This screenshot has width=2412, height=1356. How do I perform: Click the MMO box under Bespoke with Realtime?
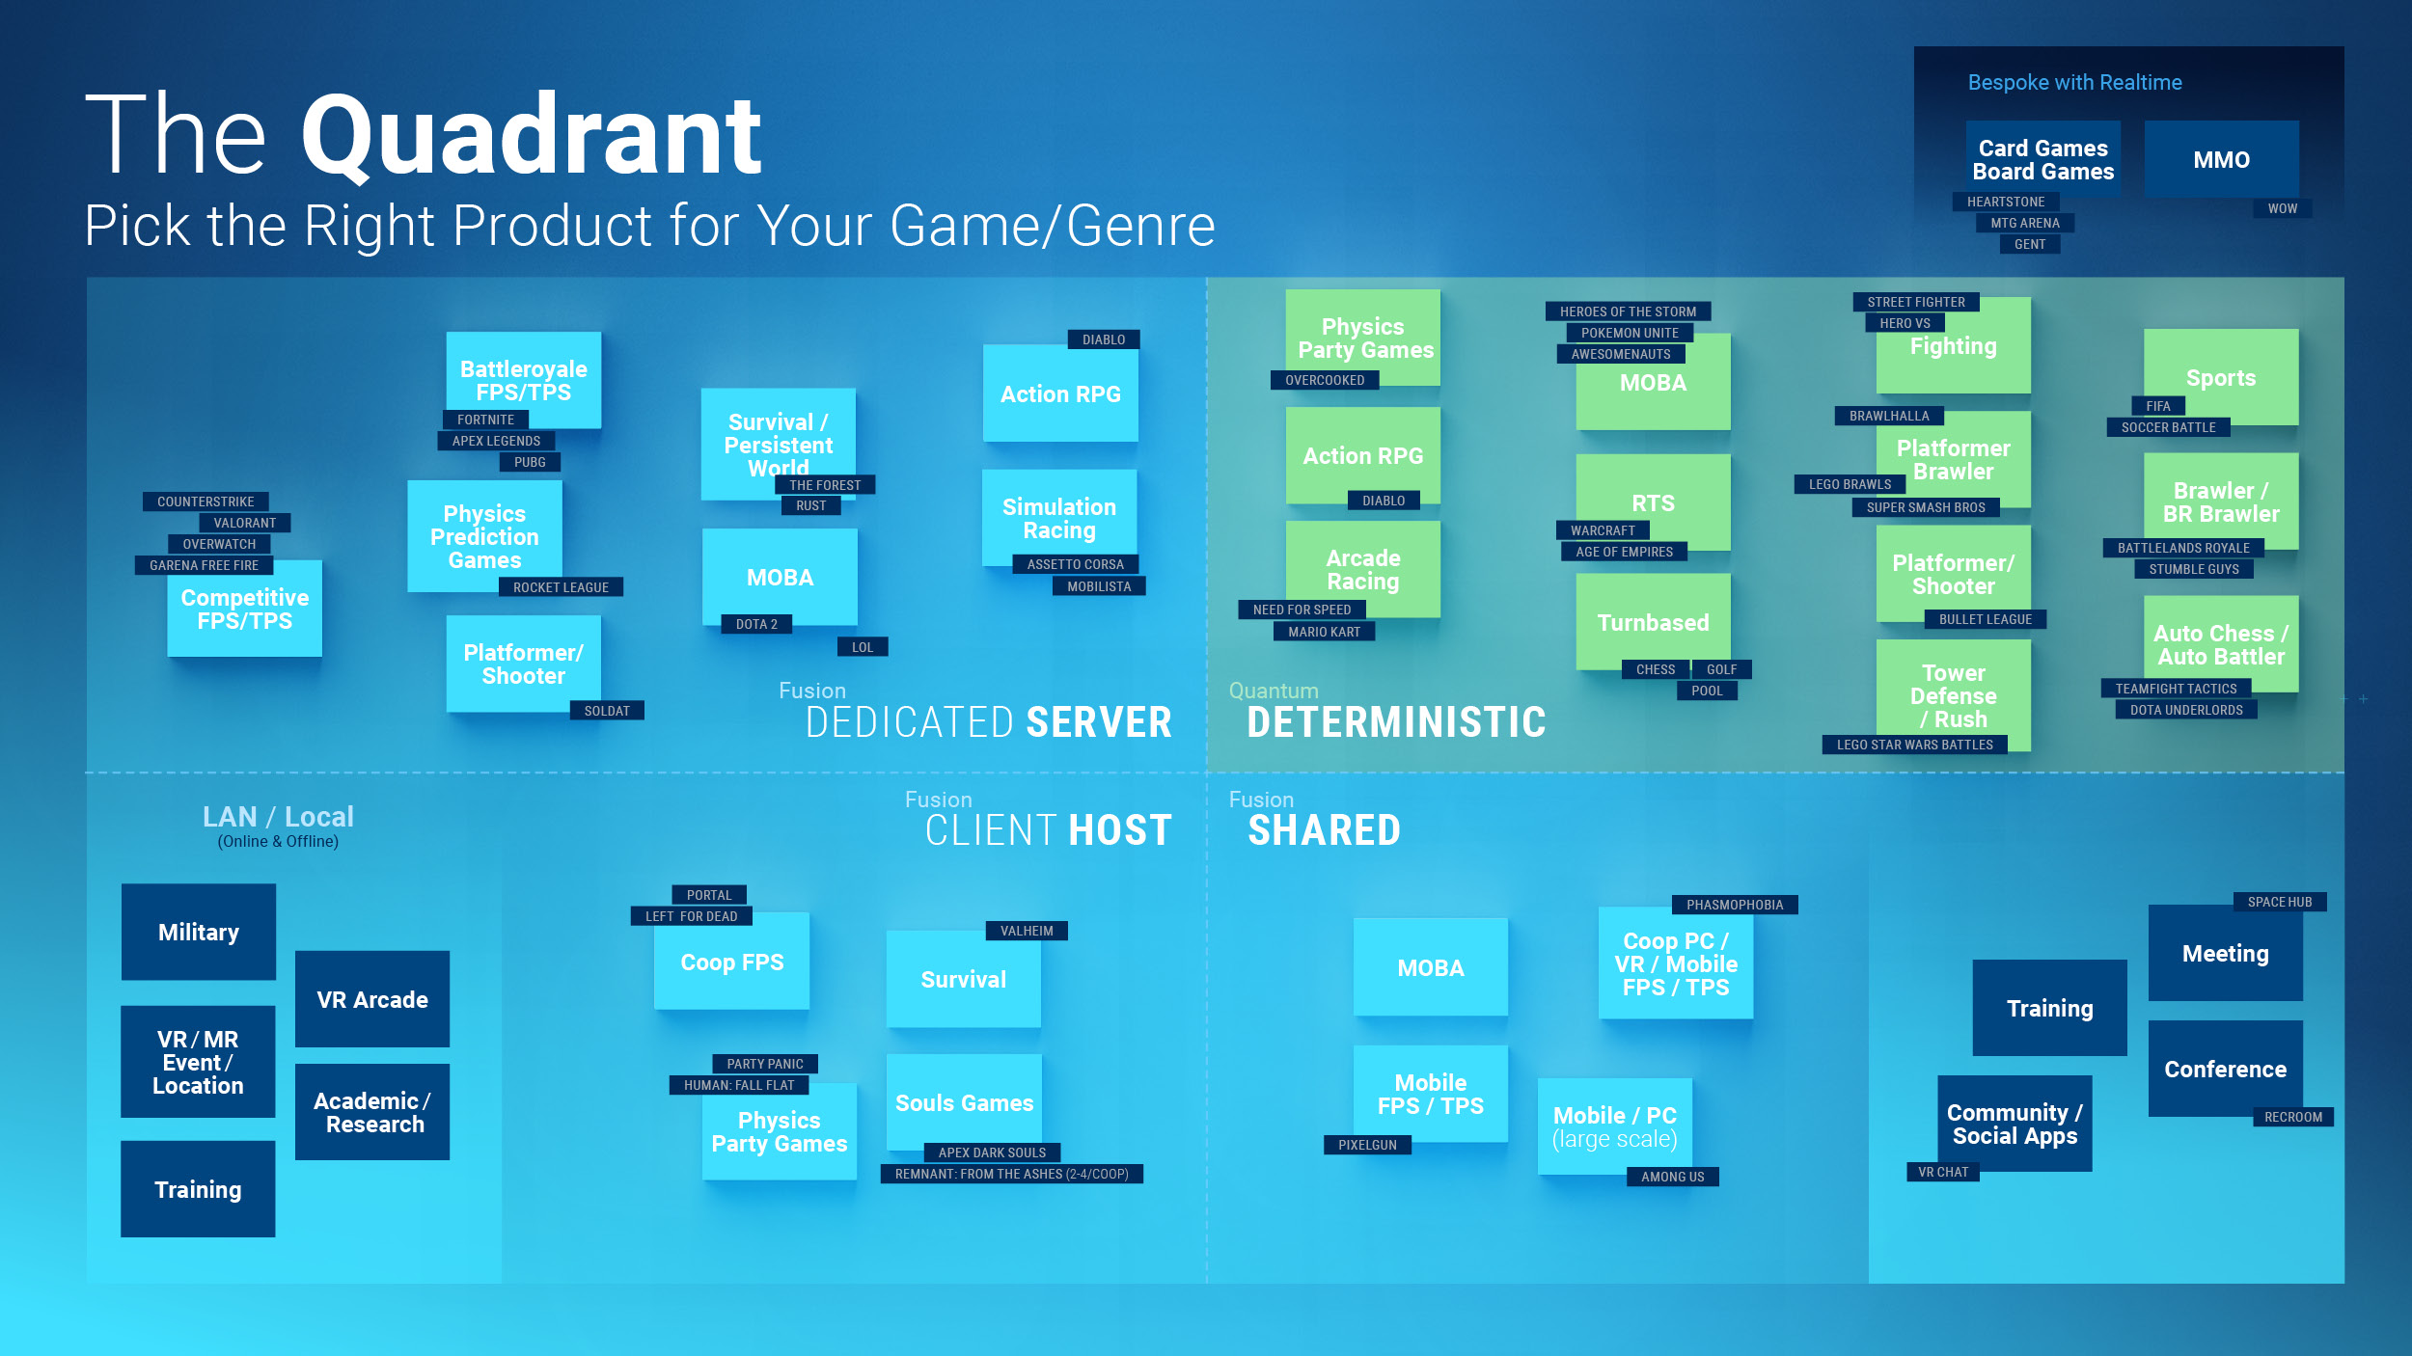point(2221,159)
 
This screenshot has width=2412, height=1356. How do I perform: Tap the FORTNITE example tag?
point(485,420)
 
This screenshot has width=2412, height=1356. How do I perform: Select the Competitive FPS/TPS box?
point(245,609)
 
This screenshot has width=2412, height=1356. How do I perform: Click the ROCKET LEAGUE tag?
point(561,587)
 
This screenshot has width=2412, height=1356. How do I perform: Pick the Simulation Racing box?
point(1059,518)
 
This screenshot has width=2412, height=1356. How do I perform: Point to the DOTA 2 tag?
point(756,624)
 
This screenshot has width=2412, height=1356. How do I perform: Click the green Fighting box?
point(1953,345)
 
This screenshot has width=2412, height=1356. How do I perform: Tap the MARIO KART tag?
point(1324,632)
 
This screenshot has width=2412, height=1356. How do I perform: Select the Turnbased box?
point(1653,622)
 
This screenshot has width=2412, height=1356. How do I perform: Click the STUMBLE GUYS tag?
point(2194,569)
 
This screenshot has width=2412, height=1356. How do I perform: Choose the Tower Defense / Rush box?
point(1953,695)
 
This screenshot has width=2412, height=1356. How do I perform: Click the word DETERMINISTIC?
point(1396,722)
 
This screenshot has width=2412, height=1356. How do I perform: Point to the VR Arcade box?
point(372,999)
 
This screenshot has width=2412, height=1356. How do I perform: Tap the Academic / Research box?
point(372,1112)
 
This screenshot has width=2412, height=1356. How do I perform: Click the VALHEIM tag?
point(1027,931)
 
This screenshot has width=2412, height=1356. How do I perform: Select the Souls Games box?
point(964,1102)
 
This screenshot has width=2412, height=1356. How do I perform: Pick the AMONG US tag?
point(1673,1177)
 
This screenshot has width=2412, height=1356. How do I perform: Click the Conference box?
point(2225,1069)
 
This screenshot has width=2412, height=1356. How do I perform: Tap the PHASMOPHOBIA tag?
point(1735,905)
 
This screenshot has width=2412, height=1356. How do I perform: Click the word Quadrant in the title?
point(532,135)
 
